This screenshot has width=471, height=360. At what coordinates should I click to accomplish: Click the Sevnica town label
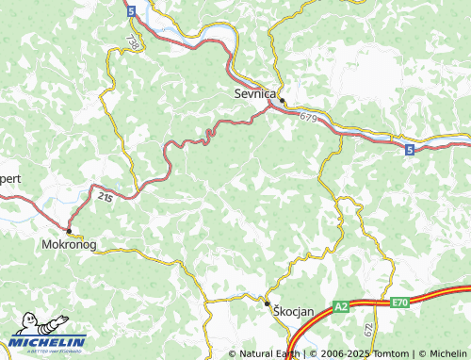coord(254,93)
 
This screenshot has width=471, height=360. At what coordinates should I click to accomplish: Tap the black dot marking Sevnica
coord(282,101)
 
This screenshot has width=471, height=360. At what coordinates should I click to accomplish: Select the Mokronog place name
coord(70,243)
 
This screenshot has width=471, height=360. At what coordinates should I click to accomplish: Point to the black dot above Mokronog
coord(69,229)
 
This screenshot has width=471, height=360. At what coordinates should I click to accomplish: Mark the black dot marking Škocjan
coord(268,303)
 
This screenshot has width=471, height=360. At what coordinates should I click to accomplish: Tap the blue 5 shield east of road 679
coord(409,149)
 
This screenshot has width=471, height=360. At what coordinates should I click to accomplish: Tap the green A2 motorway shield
coord(342,306)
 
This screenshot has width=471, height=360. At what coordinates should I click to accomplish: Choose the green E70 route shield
coord(399,303)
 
